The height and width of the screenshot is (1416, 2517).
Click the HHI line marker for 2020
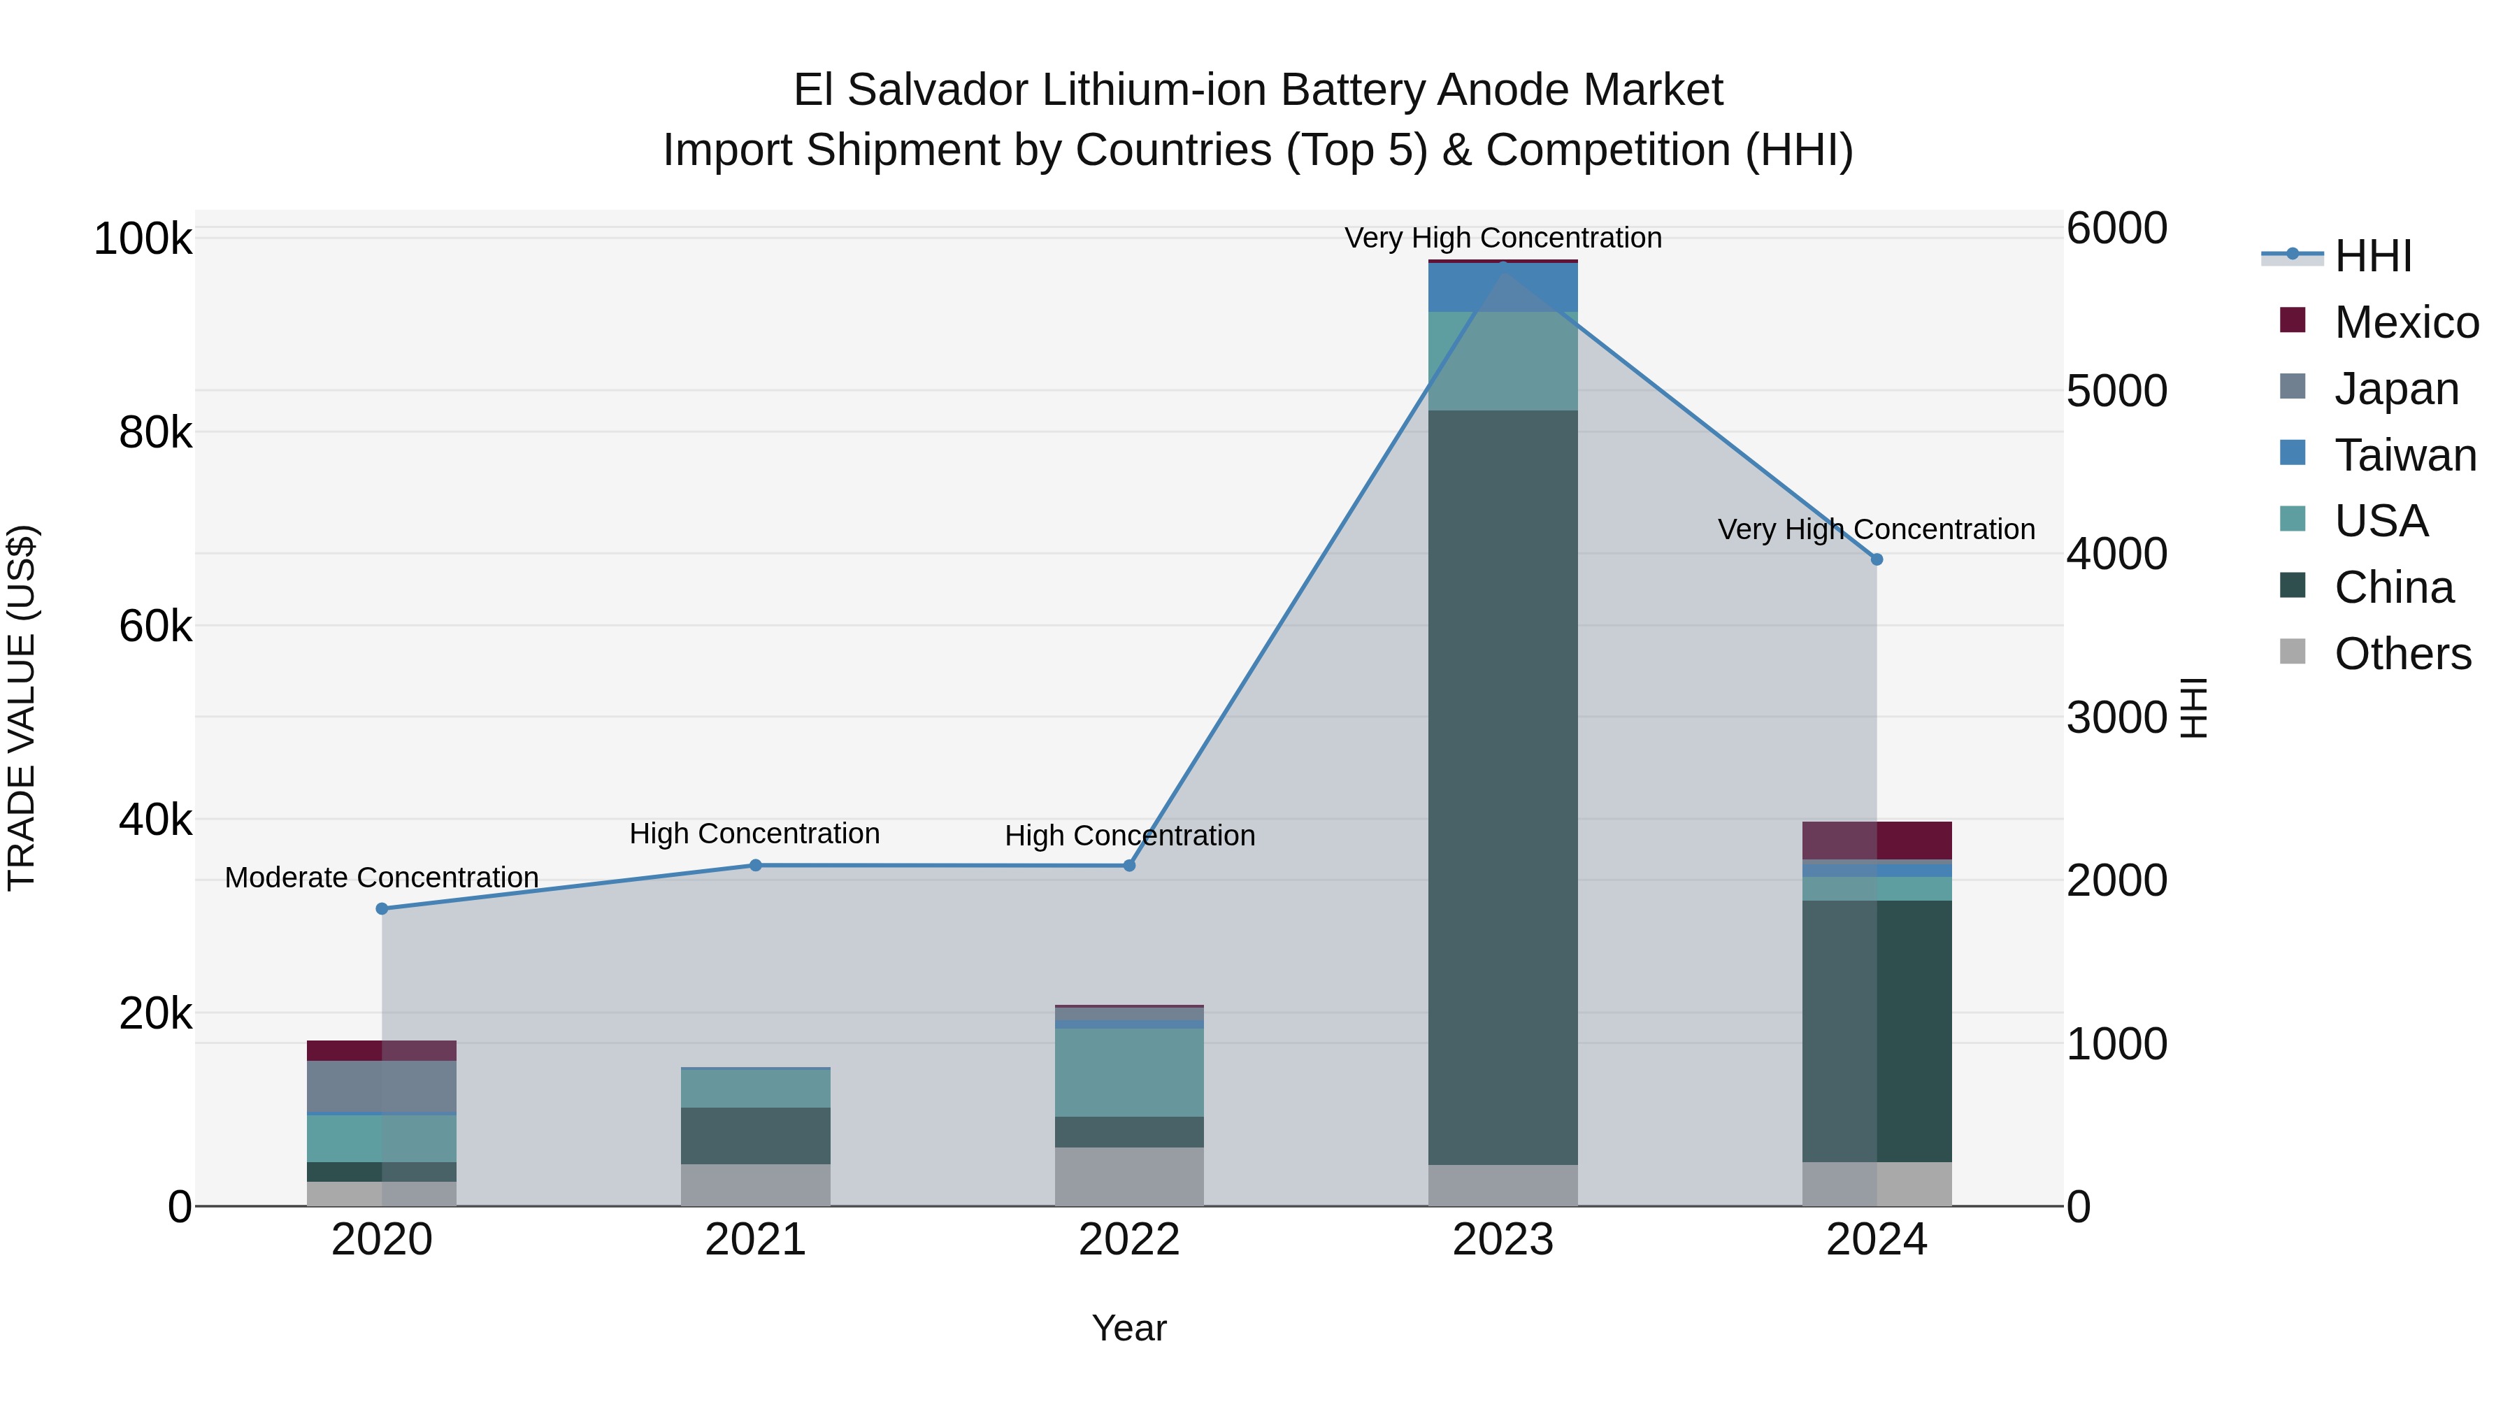coord(382,909)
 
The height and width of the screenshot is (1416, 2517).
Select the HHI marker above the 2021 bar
coord(755,865)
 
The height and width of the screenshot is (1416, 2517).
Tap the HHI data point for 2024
coord(1876,559)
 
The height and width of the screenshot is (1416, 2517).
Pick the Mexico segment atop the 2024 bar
coord(1876,841)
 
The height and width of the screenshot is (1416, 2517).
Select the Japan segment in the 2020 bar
coord(382,1087)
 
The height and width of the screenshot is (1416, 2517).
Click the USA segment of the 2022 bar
coord(1130,1072)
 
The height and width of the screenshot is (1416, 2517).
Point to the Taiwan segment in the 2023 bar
coord(1503,288)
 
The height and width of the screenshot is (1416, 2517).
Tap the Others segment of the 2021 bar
coord(755,1185)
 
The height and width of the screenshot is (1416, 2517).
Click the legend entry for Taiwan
coord(2404,455)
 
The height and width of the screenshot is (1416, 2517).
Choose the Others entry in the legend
coord(2402,654)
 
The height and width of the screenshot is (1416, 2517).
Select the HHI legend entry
coord(2372,256)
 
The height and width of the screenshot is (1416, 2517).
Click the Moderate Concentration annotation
coord(382,878)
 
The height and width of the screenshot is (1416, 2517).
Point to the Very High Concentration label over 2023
coord(1503,238)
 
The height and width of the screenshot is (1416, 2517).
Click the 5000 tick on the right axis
coord(2116,391)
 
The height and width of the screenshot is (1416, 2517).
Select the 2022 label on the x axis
coord(1130,1240)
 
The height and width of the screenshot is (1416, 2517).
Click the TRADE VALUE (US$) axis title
coord(22,708)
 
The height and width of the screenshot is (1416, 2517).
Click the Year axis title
coord(1130,1328)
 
